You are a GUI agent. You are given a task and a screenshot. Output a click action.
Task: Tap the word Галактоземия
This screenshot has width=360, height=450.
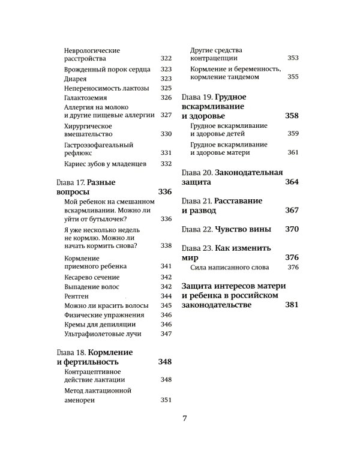pyautogui.click(x=84, y=97)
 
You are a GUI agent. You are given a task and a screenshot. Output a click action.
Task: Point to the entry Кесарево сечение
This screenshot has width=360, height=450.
pyautogui.click(x=91, y=277)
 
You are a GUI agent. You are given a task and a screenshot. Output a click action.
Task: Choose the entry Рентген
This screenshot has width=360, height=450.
pyautogui.click(x=76, y=296)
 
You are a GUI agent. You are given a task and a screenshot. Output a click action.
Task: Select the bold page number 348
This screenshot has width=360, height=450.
pyautogui.click(x=164, y=362)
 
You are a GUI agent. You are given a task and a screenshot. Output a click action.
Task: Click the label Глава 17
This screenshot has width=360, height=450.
pyautogui.click(x=67, y=182)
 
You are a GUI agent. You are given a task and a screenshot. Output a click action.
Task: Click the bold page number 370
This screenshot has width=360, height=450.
pyautogui.click(x=292, y=229)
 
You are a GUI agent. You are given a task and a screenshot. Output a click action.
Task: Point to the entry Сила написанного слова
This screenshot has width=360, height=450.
pyautogui.click(x=229, y=267)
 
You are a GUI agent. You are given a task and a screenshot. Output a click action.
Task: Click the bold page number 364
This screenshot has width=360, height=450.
pyautogui.click(x=292, y=181)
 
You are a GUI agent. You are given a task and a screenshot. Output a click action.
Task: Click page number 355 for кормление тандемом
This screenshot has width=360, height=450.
pyautogui.click(x=293, y=77)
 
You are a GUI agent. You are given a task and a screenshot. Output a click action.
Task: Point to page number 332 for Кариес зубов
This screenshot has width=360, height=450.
pyautogui.click(x=166, y=164)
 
